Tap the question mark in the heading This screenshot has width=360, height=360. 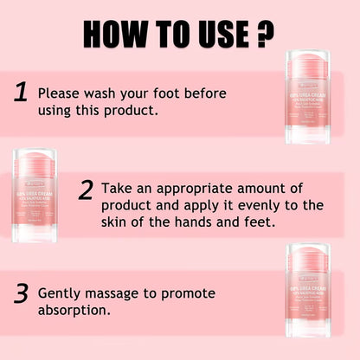pyautogui.click(x=265, y=34)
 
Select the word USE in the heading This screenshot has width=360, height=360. pyautogui.click(x=223, y=34)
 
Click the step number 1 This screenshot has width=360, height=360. pyautogui.click(x=22, y=92)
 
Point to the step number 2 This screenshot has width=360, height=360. pyautogui.click(x=85, y=190)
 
